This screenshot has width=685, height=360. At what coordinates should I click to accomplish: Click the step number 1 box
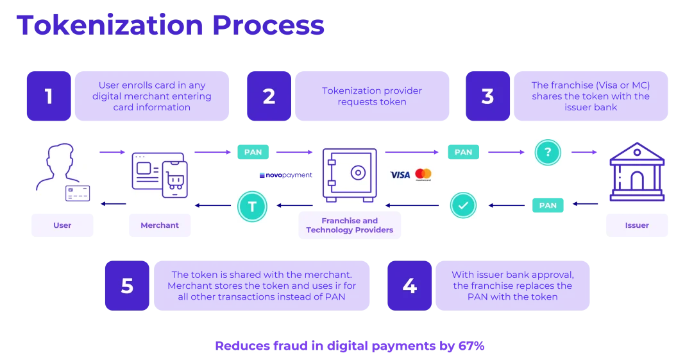click(x=49, y=96)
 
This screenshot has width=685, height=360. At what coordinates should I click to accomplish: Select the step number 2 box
click(x=269, y=96)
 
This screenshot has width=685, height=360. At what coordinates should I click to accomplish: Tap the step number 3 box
click(x=487, y=96)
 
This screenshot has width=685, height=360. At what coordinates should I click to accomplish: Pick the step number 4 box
click(x=409, y=286)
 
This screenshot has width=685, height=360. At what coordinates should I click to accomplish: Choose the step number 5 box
click(x=127, y=286)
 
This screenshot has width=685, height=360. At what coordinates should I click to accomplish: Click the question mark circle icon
click(x=548, y=153)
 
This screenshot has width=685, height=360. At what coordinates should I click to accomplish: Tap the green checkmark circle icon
click(x=462, y=205)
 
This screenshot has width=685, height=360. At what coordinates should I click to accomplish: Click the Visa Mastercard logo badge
click(x=410, y=176)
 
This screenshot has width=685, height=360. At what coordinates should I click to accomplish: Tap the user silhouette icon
click(x=62, y=171)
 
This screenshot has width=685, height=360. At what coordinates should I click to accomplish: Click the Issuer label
click(x=637, y=225)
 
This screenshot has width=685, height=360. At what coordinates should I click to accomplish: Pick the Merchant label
click(x=160, y=225)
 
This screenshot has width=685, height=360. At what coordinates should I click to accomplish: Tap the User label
click(x=62, y=225)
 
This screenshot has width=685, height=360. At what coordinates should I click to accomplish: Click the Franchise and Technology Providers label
click(x=350, y=225)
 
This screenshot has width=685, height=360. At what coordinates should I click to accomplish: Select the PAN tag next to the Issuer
click(x=548, y=205)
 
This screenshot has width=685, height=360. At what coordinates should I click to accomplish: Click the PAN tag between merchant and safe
click(x=253, y=153)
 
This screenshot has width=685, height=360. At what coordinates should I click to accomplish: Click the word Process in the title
click(x=267, y=26)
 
